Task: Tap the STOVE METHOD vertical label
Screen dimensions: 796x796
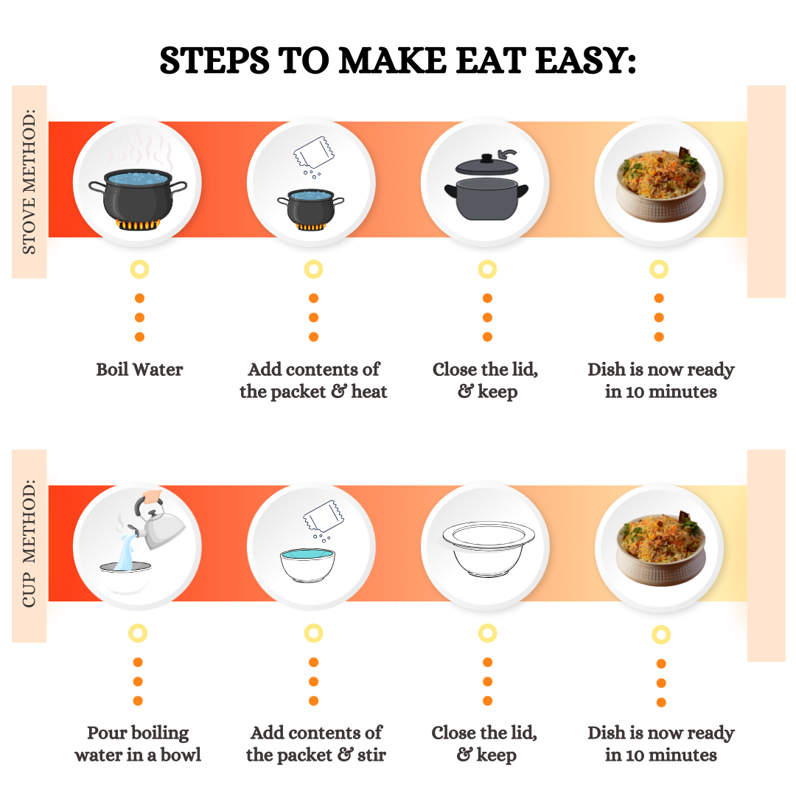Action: pyautogui.click(x=29, y=182)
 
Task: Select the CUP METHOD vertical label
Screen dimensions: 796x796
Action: pyautogui.click(x=29, y=543)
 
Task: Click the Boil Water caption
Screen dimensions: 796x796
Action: pyautogui.click(x=139, y=369)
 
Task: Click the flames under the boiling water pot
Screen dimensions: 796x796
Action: pyautogui.click(x=138, y=224)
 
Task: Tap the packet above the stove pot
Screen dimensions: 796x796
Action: pyautogui.click(x=314, y=152)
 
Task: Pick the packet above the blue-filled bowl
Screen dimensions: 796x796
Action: pyautogui.click(x=323, y=516)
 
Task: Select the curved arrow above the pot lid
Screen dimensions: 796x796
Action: pyautogui.click(x=507, y=153)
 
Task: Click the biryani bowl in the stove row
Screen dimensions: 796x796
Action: pyautogui.click(x=661, y=184)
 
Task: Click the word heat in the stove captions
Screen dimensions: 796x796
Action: pyautogui.click(x=369, y=391)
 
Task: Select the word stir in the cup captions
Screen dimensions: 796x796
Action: pyautogui.click(x=371, y=755)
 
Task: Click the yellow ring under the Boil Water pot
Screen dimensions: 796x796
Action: pyautogui.click(x=139, y=269)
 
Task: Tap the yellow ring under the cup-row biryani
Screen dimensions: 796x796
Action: pyautogui.click(x=661, y=635)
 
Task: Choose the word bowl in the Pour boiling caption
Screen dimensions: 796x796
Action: pyautogui.click(x=181, y=755)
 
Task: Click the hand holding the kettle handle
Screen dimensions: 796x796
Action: pyautogui.click(x=153, y=496)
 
